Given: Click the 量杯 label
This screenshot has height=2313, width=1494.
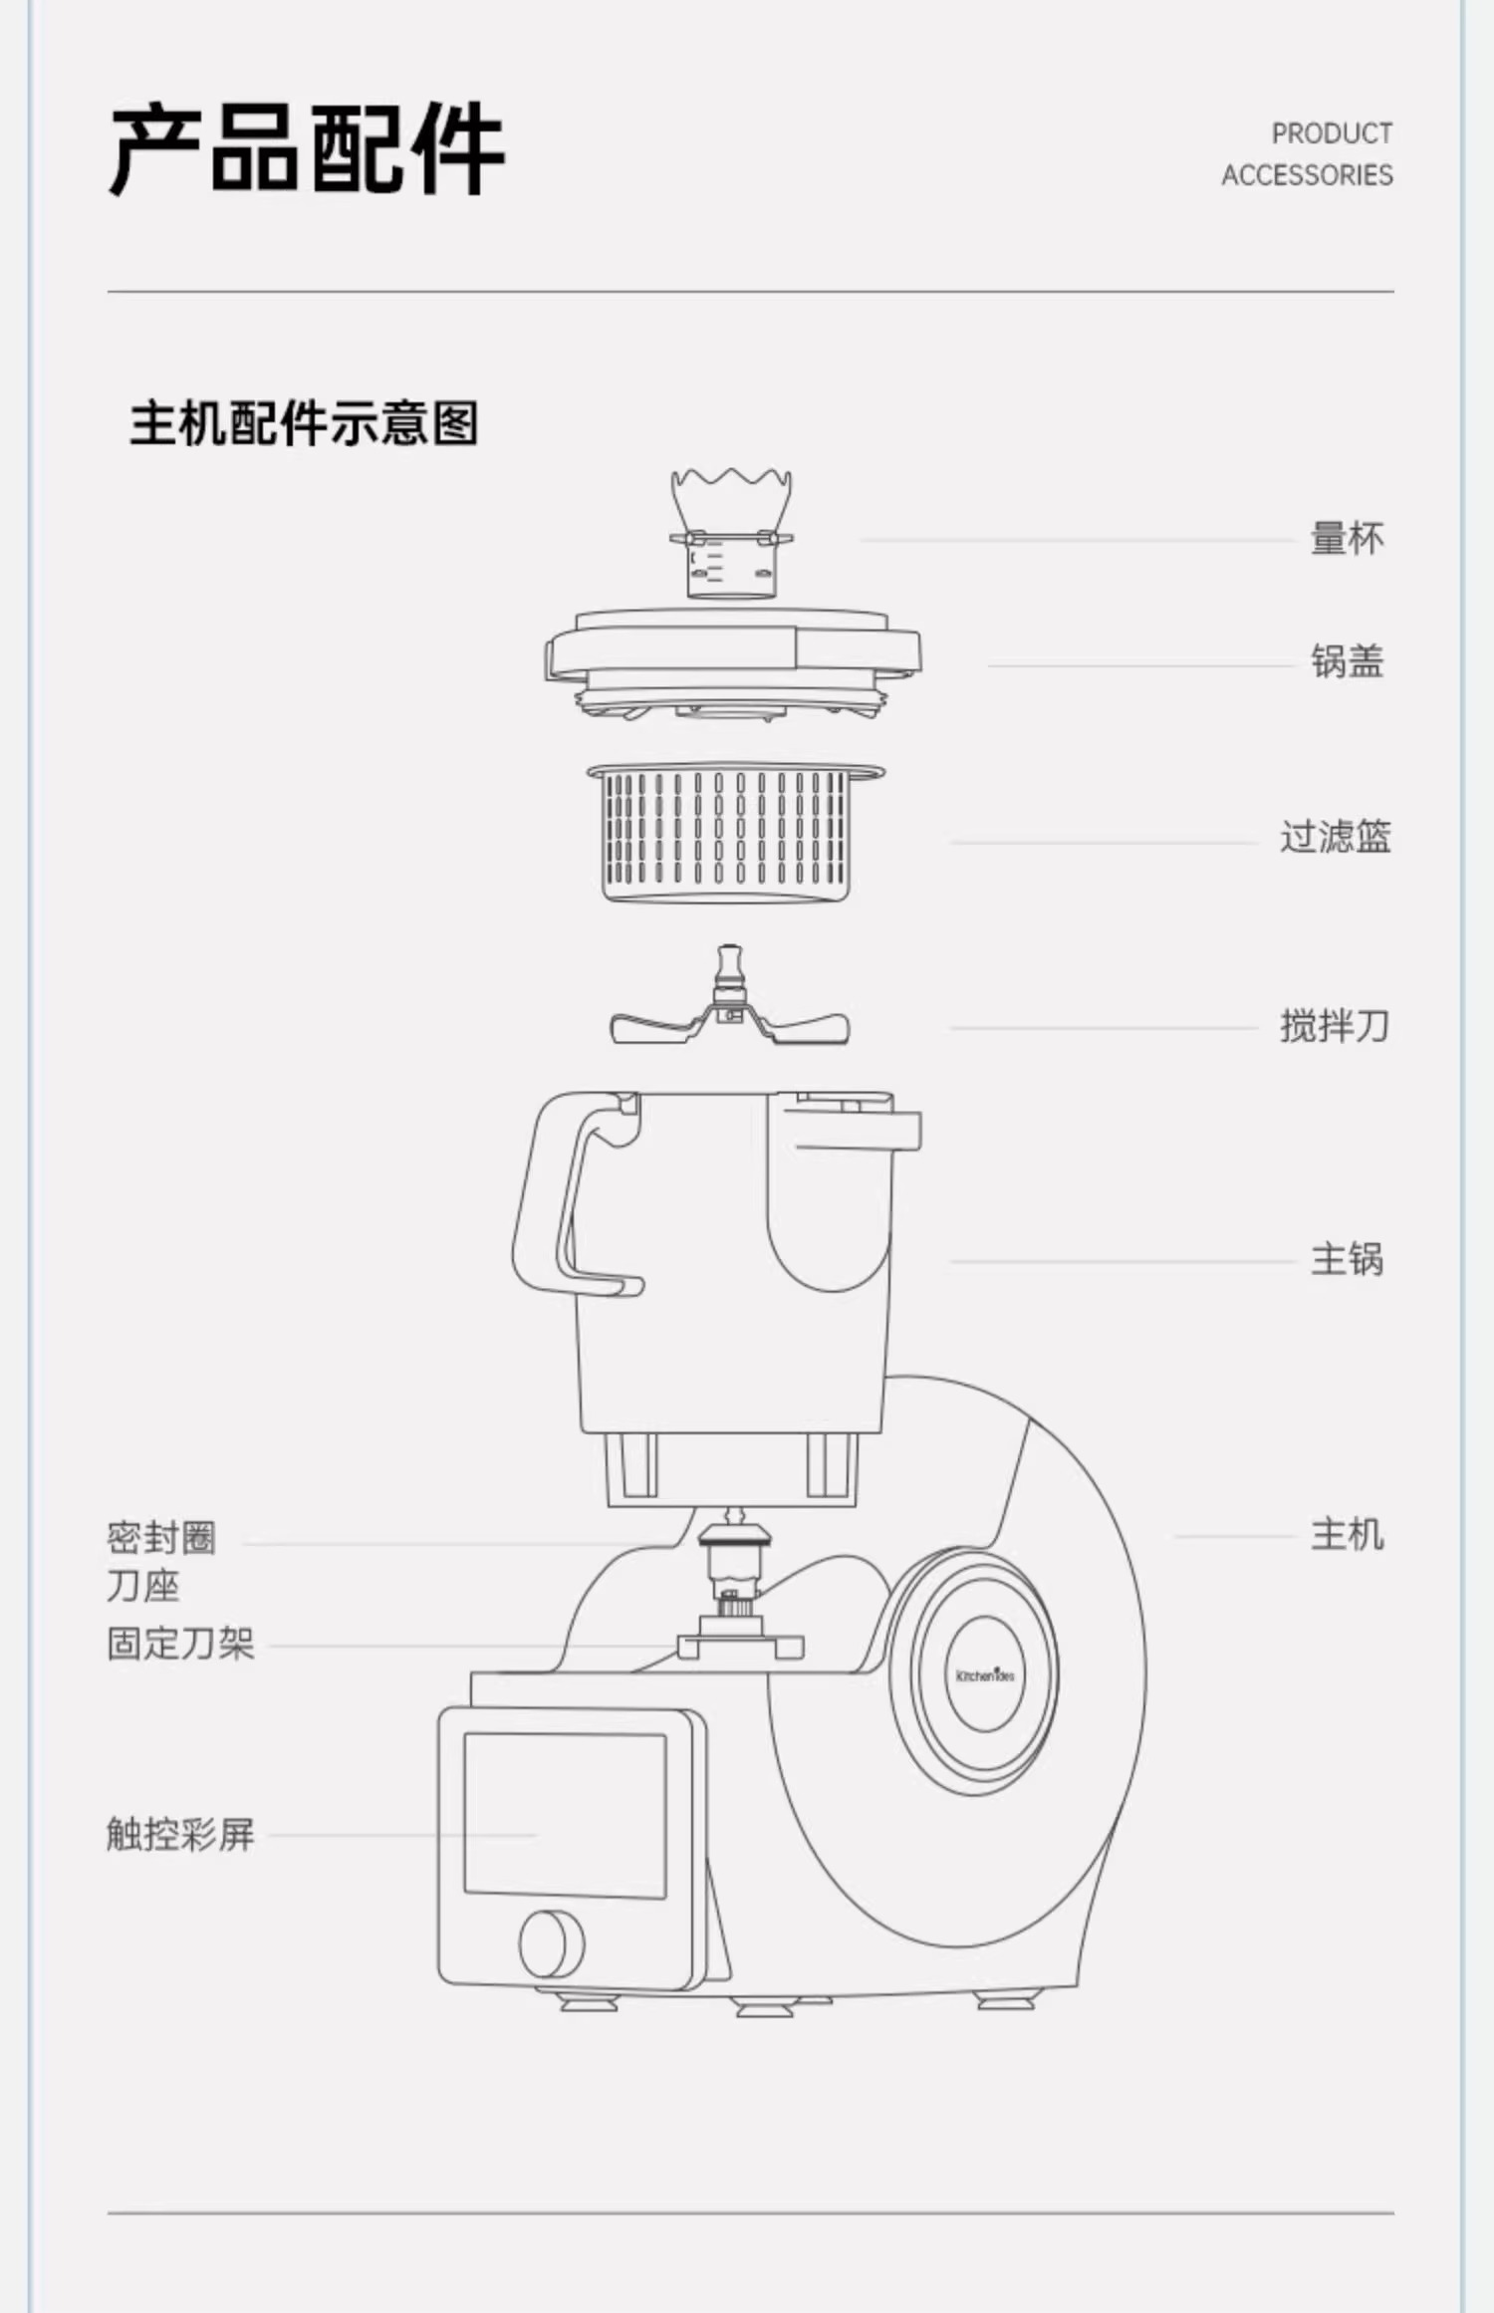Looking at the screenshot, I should (x=1347, y=539).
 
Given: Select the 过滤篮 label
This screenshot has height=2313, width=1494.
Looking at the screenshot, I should (x=1335, y=837).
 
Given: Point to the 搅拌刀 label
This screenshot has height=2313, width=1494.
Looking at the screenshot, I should (x=1335, y=1026).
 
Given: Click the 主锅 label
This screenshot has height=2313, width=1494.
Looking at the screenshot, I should (x=1347, y=1260).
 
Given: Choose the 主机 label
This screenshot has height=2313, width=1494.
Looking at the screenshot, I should (x=1347, y=1535).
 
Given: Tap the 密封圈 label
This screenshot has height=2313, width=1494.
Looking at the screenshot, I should (x=161, y=1538).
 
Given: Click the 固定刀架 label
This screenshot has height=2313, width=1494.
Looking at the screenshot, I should (x=180, y=1644).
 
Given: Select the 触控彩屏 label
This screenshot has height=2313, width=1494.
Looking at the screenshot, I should (x=180, y=1834).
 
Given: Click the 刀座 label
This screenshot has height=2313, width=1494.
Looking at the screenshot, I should (x=143, y=1586).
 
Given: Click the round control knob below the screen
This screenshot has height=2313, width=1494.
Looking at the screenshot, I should (x=552, y=1944).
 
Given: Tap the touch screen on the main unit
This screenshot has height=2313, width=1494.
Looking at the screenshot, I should (x=565, y=1815).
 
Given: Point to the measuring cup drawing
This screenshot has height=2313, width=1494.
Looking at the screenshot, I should (x=731, y=538).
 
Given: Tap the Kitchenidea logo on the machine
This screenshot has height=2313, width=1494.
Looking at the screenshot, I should (x=985, y=1675).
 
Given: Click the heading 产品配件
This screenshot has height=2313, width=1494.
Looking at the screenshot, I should (x=307, y=149).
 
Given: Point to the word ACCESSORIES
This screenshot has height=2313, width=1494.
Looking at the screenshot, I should (x=1307, y=175).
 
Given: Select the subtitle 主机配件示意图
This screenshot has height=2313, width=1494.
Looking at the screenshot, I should (x=304, y=423).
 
